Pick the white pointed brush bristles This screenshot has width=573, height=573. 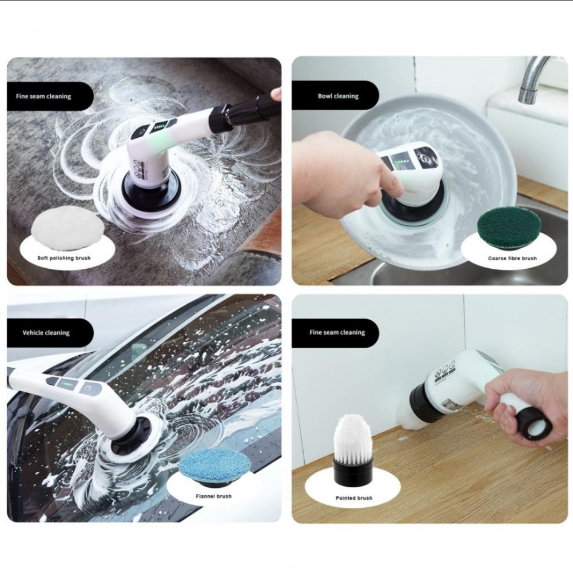353,438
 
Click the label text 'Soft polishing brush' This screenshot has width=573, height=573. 64,258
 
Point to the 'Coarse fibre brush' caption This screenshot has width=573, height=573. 512,258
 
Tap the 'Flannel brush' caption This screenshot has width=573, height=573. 214,496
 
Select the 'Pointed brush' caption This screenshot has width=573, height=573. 354,498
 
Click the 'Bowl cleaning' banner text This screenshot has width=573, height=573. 338,96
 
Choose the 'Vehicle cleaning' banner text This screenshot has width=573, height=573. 46,333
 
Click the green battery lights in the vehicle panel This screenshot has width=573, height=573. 67,384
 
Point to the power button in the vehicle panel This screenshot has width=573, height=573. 87,387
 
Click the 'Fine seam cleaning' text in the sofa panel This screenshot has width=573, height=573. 43,97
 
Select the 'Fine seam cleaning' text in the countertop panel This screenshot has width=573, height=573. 337,333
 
